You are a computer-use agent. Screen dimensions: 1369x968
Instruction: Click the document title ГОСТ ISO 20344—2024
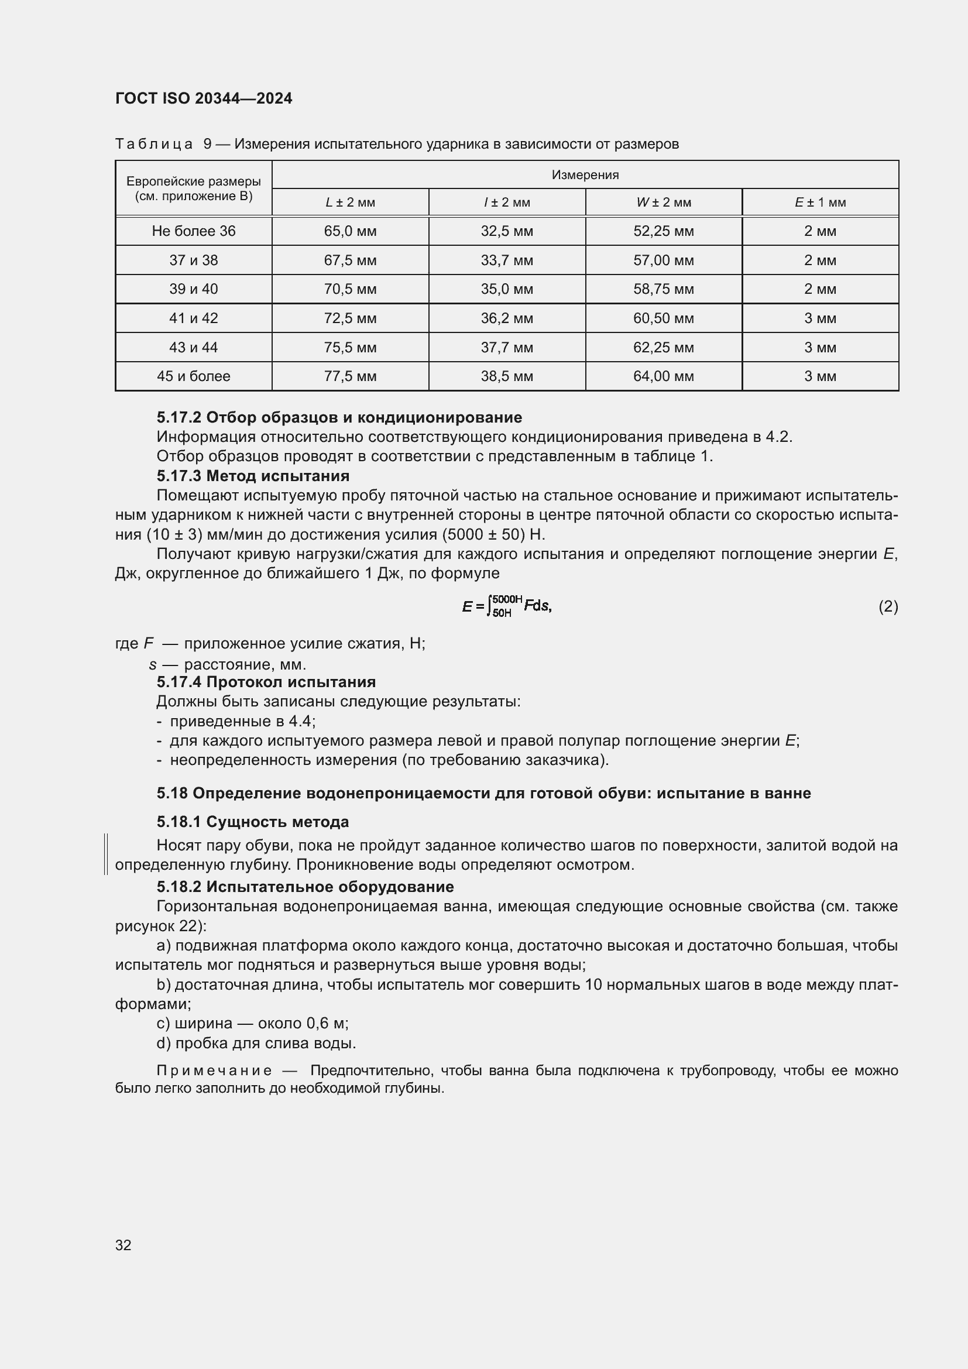(x=203, y=98)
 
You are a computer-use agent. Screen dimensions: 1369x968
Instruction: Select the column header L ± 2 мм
(x=350, y=203)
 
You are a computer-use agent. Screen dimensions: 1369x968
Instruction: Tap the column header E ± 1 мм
(x=819, y=203)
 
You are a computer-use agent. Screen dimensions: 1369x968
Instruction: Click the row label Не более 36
(x=193, y=231)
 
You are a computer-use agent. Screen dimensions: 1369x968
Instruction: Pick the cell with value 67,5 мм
(x=350, y=260)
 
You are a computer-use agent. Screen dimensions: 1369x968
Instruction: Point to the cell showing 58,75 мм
(x=663, y=289)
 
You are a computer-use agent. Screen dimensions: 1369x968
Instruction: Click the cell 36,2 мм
(x=507, y=318)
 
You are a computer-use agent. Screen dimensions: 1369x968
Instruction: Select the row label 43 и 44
(x=193, y=348)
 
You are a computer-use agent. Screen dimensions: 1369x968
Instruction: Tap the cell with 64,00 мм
(x=663, y=376)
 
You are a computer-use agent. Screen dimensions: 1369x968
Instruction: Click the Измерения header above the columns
(x=585, y=174)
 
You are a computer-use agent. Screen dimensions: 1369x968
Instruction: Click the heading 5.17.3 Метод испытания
(x=253, y=476)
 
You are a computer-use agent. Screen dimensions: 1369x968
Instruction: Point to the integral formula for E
(x=507, y=606)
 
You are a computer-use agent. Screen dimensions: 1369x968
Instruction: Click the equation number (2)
(x=888, y=606)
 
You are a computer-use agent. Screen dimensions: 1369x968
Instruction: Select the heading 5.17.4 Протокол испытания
(x=266, y=681)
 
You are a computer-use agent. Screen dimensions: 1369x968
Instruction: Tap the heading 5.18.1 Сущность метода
(x=253, y=822)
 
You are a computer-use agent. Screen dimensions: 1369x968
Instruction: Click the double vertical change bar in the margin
(x=105, y=854)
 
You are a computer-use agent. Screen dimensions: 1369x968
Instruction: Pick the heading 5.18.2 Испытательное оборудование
(x=304, y=887)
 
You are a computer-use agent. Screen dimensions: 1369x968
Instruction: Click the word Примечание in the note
(x=214, y=1071)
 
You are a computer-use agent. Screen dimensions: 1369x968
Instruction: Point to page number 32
(x=123, y=1245)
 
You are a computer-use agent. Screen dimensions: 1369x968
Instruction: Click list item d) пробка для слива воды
(x=256, y=1043)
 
